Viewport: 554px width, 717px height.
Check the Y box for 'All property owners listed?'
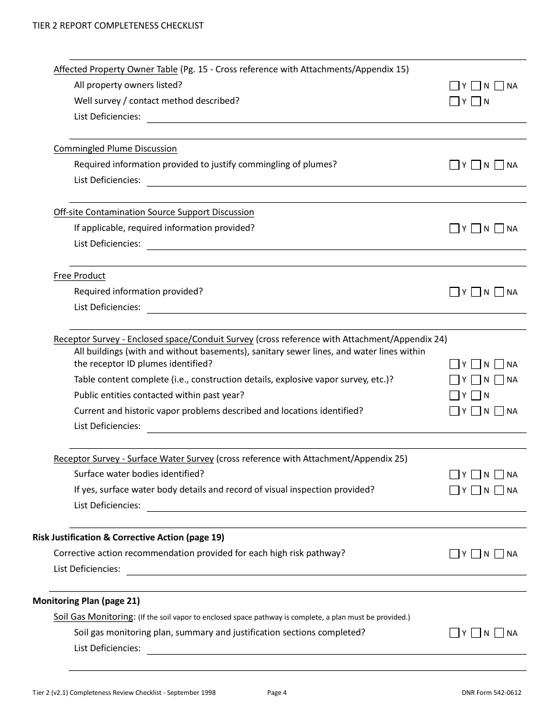454,86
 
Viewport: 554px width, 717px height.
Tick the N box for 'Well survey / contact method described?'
476,101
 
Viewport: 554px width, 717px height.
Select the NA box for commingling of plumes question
499,165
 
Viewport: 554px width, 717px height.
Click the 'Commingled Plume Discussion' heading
115,149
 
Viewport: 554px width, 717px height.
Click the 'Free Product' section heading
79,276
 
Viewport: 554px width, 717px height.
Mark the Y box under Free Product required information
454,292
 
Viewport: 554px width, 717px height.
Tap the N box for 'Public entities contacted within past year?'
476,395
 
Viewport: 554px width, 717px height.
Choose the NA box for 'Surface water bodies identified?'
499,475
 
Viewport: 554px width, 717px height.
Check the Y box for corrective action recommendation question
454,554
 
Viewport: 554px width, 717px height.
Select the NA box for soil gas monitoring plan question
499,633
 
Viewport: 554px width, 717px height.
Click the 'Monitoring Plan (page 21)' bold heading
86,601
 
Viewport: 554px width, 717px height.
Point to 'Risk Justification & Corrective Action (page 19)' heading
128,537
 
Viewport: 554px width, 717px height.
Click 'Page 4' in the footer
277,693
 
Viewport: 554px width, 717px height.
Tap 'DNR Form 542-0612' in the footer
491,693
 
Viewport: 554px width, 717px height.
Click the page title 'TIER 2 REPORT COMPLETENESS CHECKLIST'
118,26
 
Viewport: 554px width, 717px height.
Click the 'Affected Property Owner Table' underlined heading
115,69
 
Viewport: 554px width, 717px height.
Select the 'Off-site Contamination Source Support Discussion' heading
154,212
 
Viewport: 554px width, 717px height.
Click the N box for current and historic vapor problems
476,411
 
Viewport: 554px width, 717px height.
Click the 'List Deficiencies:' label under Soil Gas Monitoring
107,648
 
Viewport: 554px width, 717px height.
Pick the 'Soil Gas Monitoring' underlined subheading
94,617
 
